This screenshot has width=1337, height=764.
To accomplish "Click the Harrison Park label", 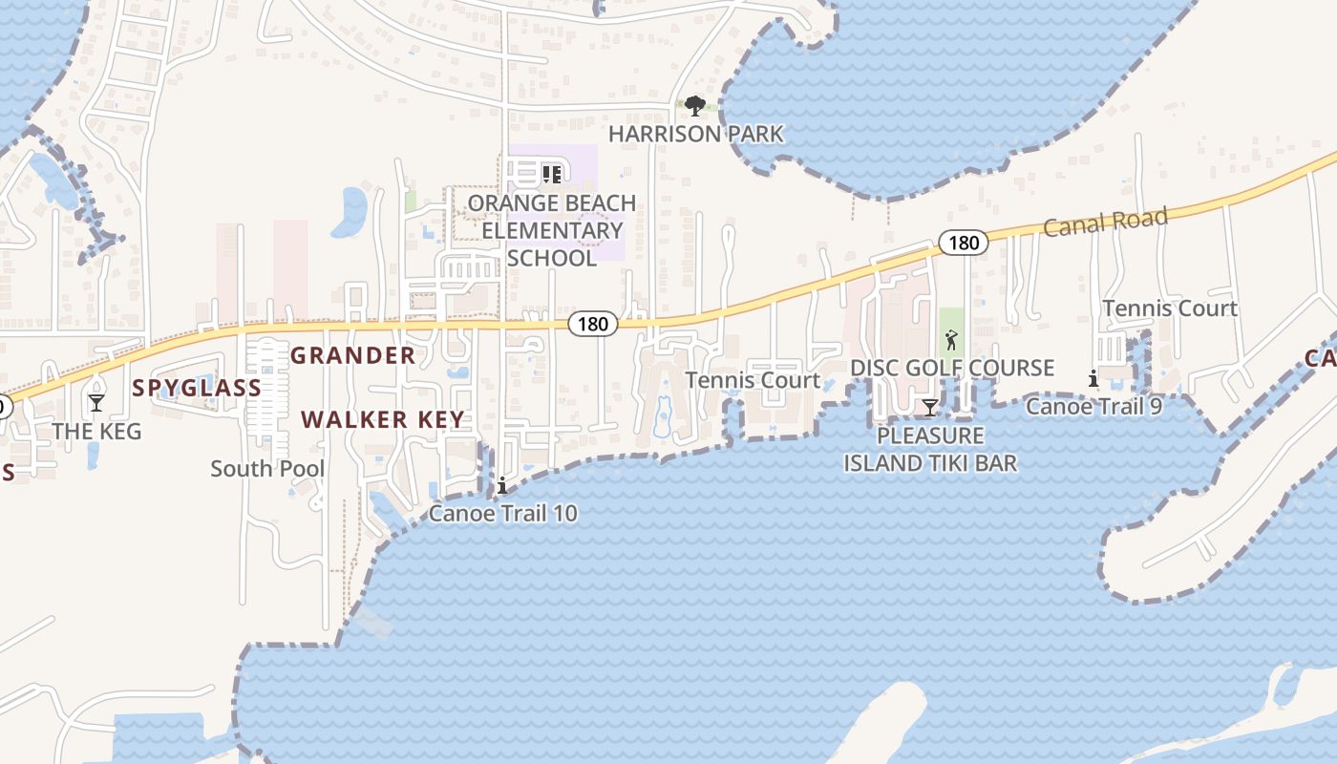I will pos(695,134).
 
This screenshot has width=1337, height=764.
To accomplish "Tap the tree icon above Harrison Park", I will pos(695,104).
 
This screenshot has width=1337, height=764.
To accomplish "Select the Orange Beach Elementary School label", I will pos(552,230).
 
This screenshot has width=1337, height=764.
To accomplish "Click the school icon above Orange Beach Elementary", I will pos(551,174).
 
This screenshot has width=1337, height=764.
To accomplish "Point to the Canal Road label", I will pos(1105,223).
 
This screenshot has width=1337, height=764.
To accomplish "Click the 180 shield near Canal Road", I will pos(963,243).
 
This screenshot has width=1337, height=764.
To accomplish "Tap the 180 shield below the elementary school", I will pos(592,324).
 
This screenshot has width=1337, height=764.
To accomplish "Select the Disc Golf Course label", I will pos(952,368).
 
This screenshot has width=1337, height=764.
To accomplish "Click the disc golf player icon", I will pos(950,340).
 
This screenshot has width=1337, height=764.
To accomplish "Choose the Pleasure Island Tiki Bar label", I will pos(929,450).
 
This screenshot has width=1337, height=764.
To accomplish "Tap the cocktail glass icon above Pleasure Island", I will pos(929,409).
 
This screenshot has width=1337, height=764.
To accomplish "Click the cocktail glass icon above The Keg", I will pos(96,403).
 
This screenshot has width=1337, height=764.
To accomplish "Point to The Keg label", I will pos(96,432).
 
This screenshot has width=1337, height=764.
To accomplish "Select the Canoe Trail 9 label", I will pos(1093,407).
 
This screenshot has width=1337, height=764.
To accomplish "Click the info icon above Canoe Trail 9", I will pos(1093,379).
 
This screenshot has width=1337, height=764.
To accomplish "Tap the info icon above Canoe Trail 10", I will pos(502,486).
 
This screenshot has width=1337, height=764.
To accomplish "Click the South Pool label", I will pos(267,469).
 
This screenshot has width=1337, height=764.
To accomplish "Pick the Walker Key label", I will pos(382,419).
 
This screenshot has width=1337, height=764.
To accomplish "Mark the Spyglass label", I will pos(197,388).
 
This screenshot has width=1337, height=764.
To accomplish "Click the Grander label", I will pos(352,356).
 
